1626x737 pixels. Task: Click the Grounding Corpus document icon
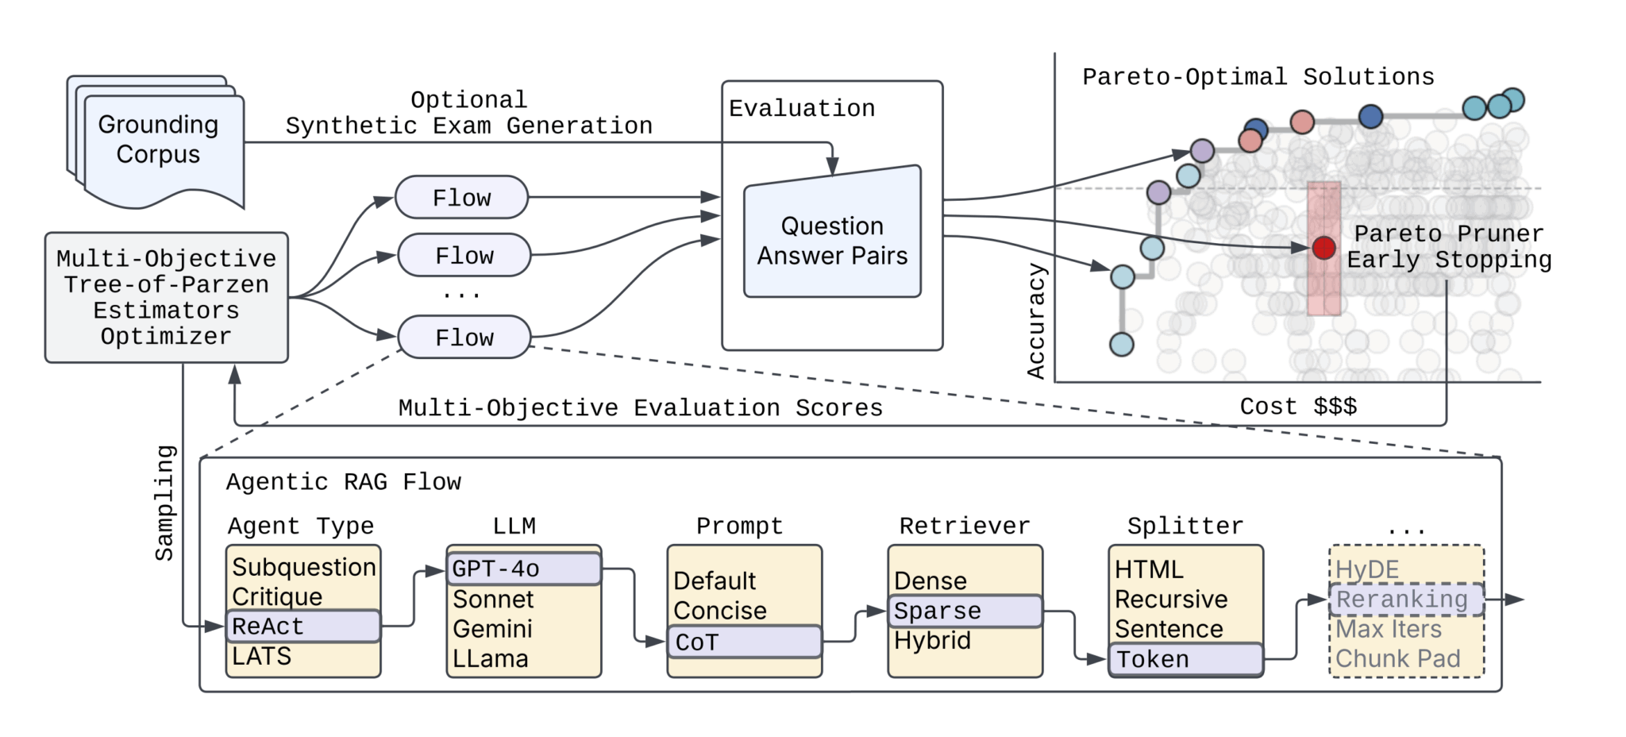coord(159,143)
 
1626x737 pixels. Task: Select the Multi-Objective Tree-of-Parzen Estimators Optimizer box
coord(166,298)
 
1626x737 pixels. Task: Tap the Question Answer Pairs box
coord(832,240)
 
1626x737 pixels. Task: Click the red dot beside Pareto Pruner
coord(1324,248)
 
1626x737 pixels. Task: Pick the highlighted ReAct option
coord(302,627)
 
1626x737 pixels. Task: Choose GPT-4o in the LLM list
coord(523,569)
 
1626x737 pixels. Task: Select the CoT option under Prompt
coord(744,642)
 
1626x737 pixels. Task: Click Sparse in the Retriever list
coord(964,611)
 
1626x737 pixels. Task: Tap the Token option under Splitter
coord(1185,659)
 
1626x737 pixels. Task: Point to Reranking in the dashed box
coord(1404,600)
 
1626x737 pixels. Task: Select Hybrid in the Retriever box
coord(932,641)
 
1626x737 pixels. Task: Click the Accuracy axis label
coord(1036,321)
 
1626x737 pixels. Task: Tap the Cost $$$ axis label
coord(1298,407)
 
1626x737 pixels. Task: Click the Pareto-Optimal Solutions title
coord(1258,77)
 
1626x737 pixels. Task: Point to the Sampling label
coord(164,503)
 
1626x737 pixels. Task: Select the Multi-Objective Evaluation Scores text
coord(640,408)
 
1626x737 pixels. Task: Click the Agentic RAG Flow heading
coord(343,482)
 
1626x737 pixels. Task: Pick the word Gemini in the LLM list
coord(492,629)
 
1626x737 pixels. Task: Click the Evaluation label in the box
coord(802,109)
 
